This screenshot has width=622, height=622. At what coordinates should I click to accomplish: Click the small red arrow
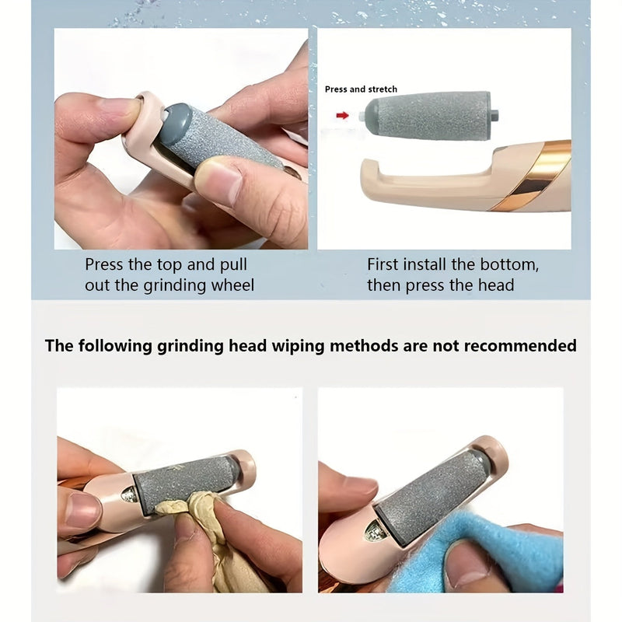[341, 115]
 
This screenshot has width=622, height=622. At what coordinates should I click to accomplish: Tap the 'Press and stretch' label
[361, 89]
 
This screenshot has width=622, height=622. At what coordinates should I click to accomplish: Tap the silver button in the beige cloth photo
[130, 494]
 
